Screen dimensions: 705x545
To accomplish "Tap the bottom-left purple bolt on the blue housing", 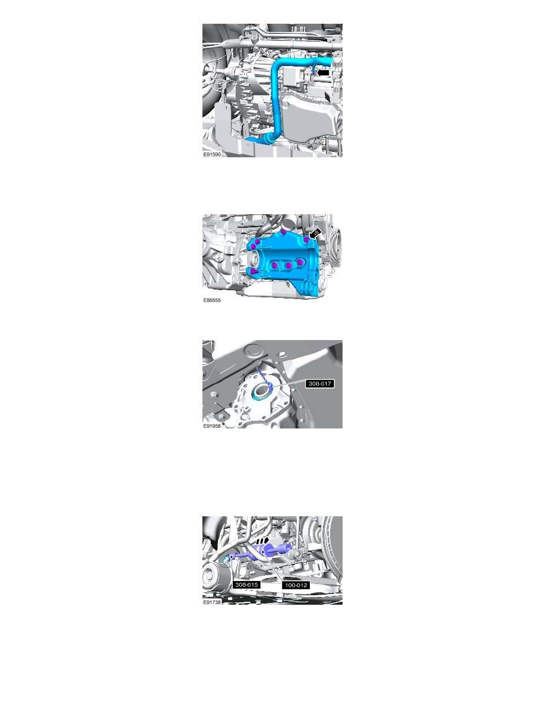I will [254, 271].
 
